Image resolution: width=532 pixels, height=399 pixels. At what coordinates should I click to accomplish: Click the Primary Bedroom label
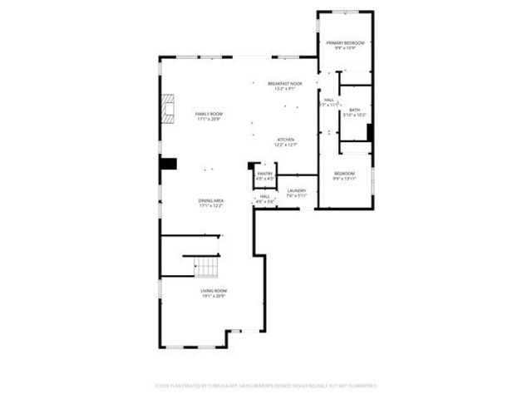click(345, 42)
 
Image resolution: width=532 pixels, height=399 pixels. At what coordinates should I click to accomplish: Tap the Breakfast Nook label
click(285, 84)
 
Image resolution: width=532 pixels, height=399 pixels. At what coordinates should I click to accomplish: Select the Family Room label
click(209, 114)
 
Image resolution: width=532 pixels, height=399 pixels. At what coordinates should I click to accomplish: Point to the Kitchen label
click(286, 139)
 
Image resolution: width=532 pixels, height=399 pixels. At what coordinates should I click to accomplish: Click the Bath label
click(355, 111)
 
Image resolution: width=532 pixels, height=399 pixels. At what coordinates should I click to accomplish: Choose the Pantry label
click(265, 173)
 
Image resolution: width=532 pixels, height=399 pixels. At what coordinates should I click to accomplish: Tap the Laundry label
click(297, 190)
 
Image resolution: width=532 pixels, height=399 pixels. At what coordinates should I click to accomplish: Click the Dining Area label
click(210, 200)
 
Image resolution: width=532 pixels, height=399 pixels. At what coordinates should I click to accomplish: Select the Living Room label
click(213, 290)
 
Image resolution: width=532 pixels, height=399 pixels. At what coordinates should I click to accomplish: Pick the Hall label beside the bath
click(329, 100)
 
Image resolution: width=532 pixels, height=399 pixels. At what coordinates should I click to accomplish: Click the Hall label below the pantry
click(264, 196)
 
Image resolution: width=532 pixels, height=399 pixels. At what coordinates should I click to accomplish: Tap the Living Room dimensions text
click(213, 296)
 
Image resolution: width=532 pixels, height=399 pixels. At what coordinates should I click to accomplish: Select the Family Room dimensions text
click(209, 120)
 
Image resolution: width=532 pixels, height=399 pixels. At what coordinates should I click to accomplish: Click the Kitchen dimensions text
click(286, 145)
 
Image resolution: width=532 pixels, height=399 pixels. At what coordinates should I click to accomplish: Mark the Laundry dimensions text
click(297, 195)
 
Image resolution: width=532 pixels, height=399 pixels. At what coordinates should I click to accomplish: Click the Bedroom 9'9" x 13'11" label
click(344, 175)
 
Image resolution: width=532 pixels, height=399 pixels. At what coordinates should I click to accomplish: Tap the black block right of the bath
click(370, 134)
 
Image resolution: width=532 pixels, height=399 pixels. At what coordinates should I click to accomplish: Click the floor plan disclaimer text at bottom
click(266, 386)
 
